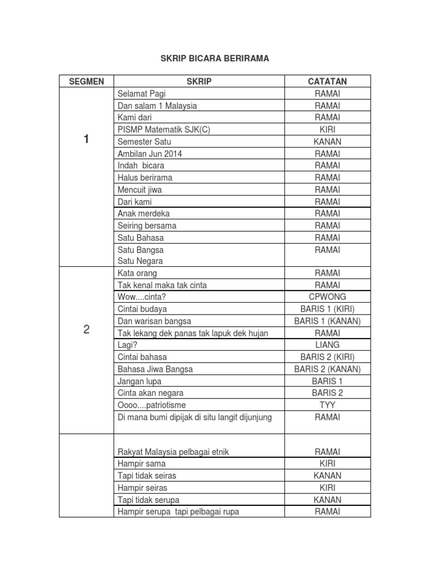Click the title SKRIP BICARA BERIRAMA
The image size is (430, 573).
[x=215, y=58]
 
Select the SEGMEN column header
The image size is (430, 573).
[x=86, y=82]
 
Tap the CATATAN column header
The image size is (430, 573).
[x=328, y=82]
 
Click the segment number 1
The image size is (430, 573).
[x=86, y=140]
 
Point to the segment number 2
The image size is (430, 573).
[x=86, y=330]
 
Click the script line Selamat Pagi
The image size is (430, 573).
[x=142, y=94]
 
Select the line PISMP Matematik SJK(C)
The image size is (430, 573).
[x=164, y=130]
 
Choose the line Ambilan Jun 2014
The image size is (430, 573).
[x=150, y=154]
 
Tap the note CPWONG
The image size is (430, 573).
[x=328, y=297]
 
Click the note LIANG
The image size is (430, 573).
[x=328, y=345]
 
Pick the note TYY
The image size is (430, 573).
[x=328, y=405]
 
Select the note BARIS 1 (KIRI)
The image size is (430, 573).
[x=328, y=309]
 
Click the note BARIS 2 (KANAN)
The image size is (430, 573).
[x=328, y=369]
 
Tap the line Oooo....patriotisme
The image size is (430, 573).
[x=152, y=405]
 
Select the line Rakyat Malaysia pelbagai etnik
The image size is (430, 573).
[x=173, y=452]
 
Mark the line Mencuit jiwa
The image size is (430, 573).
[x=140, y=190]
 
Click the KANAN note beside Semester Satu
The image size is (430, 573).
[x=328, y=142]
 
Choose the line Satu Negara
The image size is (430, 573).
[x=141, y=261]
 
